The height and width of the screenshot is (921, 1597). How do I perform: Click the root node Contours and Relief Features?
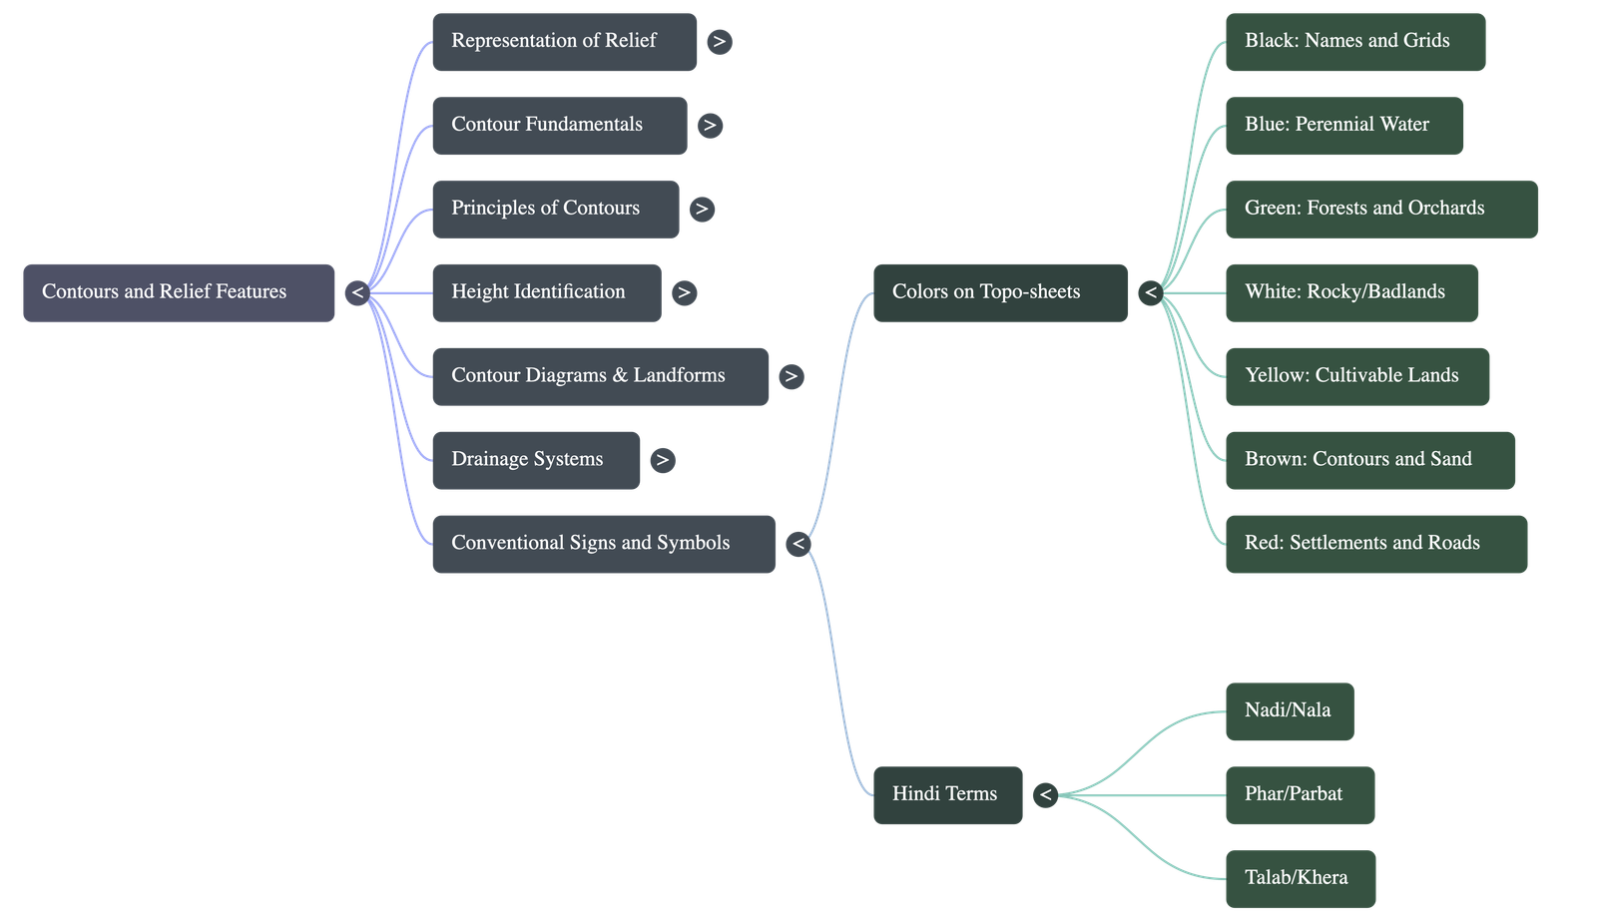(x=179, y=293)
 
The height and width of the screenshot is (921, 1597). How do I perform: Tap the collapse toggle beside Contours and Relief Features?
(x=357, y=293)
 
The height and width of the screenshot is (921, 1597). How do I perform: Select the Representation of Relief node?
(x=565, y=42)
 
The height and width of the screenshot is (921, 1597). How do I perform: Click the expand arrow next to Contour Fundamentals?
(x=710, y=126)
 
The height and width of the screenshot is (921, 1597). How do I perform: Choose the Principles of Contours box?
(x=556, y=210)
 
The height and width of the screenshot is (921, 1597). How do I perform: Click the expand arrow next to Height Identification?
(x=685, y=293)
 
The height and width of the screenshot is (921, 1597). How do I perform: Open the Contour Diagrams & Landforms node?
(x=601, y=377)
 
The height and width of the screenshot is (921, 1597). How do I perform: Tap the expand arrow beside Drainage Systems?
(x=663, y=461)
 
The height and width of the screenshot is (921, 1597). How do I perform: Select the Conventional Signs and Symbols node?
(x=604, y=544)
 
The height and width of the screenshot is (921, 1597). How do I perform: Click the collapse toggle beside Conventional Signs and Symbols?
(x=798, y=544)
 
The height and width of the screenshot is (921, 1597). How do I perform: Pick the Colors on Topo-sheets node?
(x=1001, y=293)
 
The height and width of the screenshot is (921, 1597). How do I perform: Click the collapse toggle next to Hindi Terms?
(x=1046, y=795)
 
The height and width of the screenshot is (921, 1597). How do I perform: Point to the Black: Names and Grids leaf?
(x=1356, y=42)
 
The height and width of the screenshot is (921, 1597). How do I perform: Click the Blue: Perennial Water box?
(x=1344, y=126)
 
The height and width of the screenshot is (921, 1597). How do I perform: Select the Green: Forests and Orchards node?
(x=1382, y=210)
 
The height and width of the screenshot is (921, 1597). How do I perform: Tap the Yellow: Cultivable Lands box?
(x=1358, y=377)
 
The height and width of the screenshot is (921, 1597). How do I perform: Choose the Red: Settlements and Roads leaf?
(x=1376, y=544)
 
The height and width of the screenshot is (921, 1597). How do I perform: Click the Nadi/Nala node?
(x=1291, y=711)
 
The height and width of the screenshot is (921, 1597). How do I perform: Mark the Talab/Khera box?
(x=1302, y=879)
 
